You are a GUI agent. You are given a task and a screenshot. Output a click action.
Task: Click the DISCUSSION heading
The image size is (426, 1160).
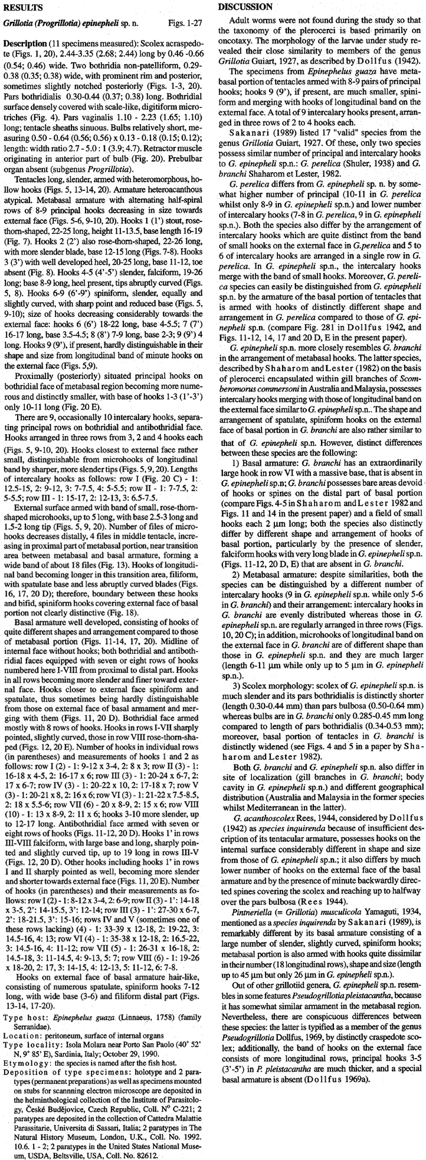245,7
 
